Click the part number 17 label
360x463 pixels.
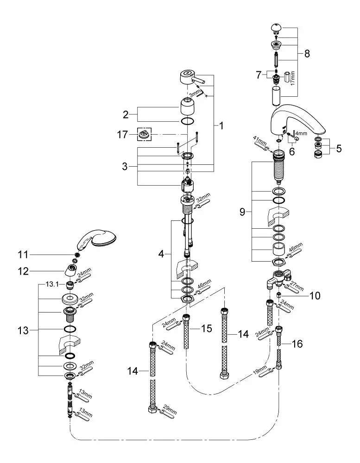122,135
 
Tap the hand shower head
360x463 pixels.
96,239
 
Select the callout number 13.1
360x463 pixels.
52,284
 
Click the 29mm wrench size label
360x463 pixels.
170,410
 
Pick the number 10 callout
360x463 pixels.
315,295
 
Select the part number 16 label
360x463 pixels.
297,344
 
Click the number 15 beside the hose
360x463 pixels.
207,328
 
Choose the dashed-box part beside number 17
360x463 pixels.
144,135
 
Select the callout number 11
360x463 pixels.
23,255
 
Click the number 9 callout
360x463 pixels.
242,212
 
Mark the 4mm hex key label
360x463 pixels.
302,133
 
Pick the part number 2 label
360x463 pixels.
126,114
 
